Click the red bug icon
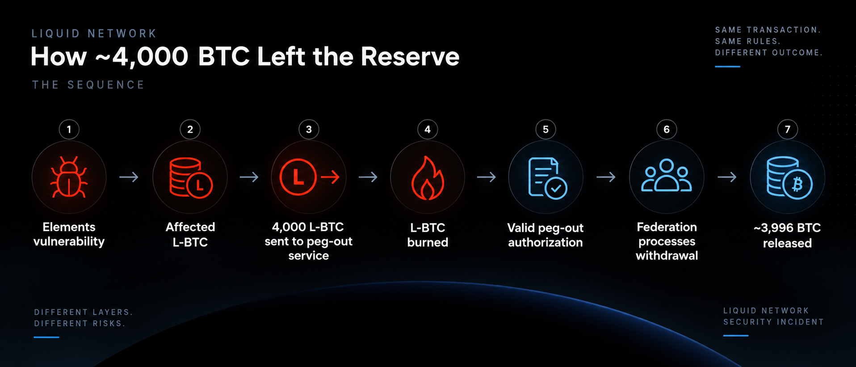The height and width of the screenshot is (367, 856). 69,177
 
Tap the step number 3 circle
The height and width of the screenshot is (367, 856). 309,130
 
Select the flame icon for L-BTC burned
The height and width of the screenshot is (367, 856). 428,177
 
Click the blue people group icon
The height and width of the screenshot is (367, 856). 667,176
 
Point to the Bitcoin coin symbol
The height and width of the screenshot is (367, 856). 797,184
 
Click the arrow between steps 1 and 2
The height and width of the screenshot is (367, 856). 129,177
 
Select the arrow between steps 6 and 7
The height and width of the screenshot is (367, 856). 727,177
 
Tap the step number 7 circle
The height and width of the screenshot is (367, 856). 788,130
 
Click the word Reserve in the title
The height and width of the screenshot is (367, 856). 410,57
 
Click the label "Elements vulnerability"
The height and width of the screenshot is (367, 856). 69,234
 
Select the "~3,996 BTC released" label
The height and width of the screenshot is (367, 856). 787,236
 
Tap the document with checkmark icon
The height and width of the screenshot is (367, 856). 547,177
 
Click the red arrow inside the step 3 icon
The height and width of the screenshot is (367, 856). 330,177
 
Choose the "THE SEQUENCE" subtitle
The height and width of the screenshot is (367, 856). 88,85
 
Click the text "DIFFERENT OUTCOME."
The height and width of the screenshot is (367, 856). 769,53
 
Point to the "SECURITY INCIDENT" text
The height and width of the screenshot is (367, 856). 773,322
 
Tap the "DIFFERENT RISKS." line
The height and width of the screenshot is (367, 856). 80,323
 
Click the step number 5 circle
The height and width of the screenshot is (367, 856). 545,130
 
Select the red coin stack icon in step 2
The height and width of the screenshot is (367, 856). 190,177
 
